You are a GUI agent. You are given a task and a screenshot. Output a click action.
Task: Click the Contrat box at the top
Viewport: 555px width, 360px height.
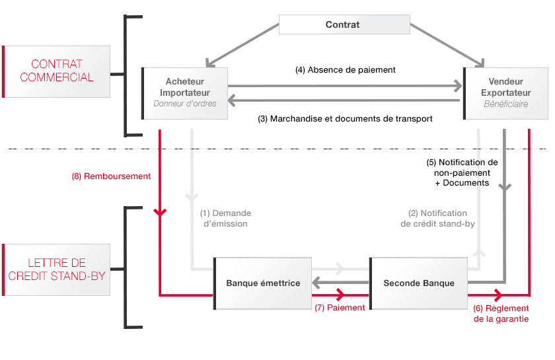click(x=344, y=24)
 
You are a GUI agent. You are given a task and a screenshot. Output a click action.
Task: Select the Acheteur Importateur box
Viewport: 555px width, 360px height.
click(x=185, y=93)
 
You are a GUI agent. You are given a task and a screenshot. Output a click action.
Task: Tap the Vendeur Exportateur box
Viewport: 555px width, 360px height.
click(x=506, y=93)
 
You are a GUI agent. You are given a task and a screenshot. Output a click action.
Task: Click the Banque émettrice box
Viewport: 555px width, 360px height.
click(x=263, y=283)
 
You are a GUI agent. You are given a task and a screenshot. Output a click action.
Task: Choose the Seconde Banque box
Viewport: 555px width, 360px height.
click(x=419, y=283)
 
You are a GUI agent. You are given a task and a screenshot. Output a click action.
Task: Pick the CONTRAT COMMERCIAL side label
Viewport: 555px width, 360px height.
click(x=57, y=71)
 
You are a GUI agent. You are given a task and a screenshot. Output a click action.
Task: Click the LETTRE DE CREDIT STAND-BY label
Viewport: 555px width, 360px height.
click(x=57, y=270)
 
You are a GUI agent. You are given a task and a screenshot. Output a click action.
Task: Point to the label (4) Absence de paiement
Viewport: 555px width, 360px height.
click(x=345, y=69)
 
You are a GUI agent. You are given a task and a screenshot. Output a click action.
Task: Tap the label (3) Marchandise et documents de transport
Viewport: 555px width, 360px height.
click(x=345, y=119)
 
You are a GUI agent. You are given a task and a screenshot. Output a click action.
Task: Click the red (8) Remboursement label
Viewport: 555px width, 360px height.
click(x=112, y=176)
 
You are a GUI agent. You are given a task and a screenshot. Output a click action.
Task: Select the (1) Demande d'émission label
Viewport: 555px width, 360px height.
click(x=225, y=219)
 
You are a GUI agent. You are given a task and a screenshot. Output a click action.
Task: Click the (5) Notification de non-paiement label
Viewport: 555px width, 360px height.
click(x=462, y=172)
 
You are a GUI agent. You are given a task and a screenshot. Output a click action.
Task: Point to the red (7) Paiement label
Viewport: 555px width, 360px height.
click(x=340, y=308)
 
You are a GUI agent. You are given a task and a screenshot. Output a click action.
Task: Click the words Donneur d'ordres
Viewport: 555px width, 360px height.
click(x=185, y=104)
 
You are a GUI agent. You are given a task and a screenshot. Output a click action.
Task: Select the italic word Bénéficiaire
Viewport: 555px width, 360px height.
click(x=506, y=104)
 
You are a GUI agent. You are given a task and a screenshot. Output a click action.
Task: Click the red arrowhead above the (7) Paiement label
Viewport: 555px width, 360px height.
click(x=342, y=295)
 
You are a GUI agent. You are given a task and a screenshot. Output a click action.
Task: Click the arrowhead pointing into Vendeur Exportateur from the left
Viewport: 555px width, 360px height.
click(x=457, y=85)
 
